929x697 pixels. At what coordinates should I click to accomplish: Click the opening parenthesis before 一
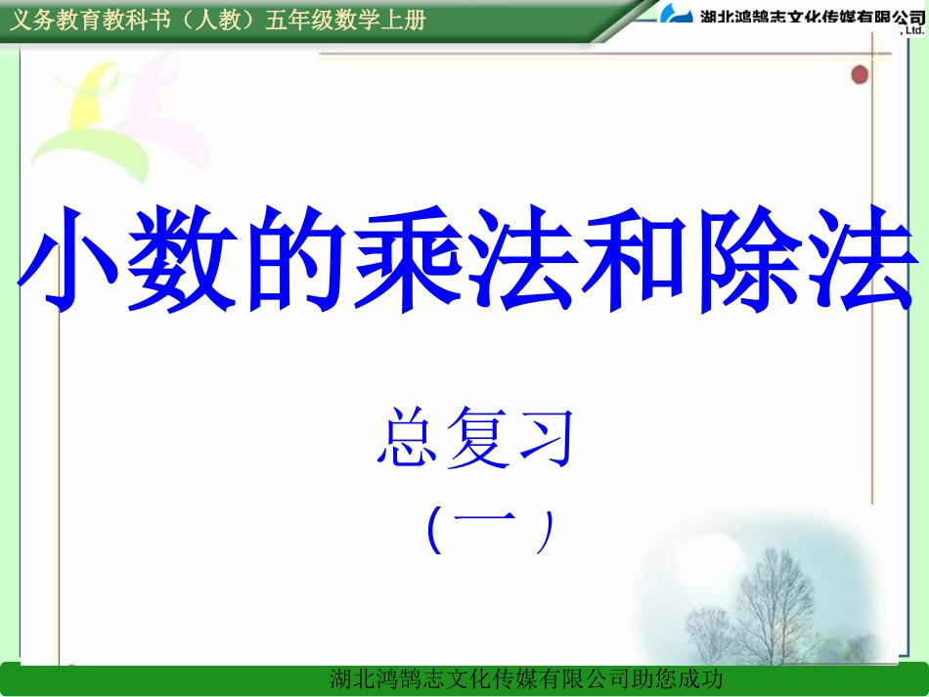point(435,530)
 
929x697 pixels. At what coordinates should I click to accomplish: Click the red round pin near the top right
point(860,74)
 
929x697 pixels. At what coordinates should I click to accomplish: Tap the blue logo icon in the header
point(675,15)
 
